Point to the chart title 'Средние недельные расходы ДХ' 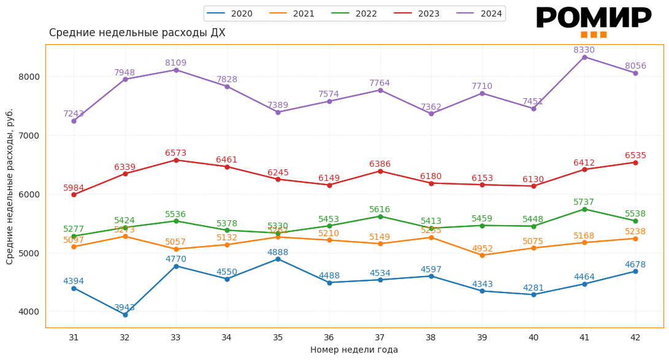[137, 33]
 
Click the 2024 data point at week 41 [584, 57]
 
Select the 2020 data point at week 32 [125, 315]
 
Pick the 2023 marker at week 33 [176, 160]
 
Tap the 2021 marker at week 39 [482, 255]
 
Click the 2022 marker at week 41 [584, 209]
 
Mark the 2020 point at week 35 [278, 259]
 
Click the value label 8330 [584, 50]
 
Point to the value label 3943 [124, 307]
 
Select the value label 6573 [175, 153]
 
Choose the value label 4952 [482, 248]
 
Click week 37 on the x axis [380, 337]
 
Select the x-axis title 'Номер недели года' [354, 350]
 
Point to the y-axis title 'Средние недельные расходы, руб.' [10, 186]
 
